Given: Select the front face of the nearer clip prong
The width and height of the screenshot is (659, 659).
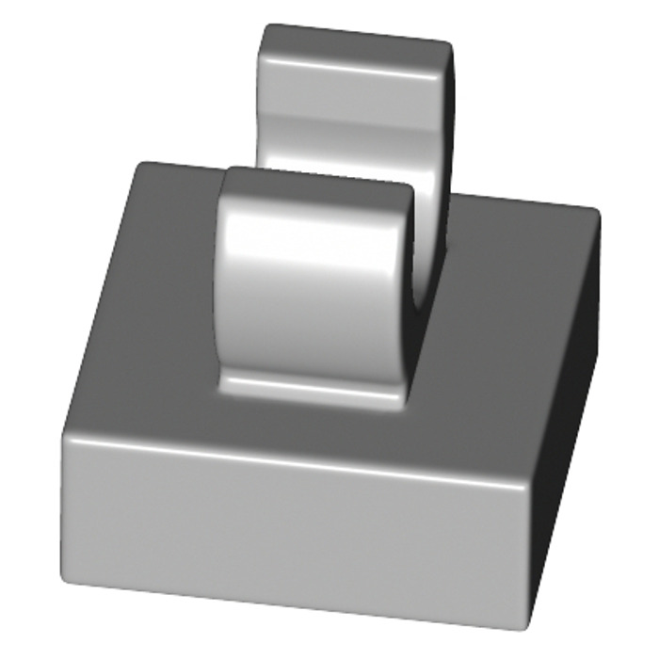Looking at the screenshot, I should click(x=315, y=292).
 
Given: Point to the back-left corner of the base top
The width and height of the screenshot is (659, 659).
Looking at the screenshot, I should click(x=141, y=168).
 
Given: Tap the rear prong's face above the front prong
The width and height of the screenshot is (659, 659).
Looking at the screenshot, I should click(x=348, y=122).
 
